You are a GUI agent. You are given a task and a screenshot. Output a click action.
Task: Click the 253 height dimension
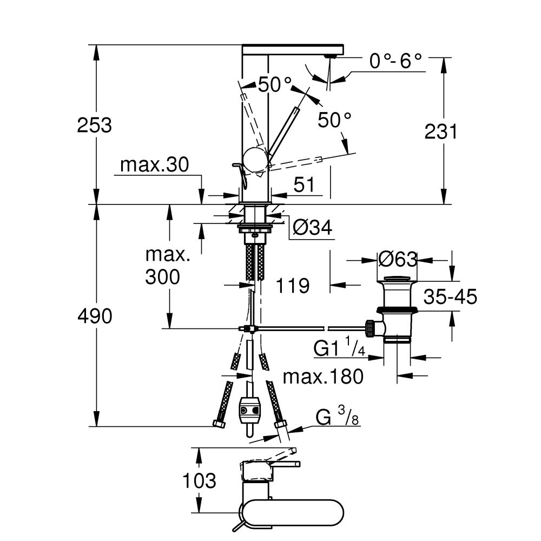(x=94, y=126)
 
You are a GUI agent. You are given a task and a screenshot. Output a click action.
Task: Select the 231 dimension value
(x=440, y=131)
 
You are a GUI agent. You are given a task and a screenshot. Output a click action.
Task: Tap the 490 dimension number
(x=94, y=316)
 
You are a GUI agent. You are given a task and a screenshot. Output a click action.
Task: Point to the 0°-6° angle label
(x=395, y=61)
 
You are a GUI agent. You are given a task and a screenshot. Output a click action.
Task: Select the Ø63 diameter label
(x=398, y=260)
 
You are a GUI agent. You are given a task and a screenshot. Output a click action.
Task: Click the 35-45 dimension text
(x=451, y=297)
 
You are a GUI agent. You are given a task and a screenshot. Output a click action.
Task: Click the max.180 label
(x=323, y=377)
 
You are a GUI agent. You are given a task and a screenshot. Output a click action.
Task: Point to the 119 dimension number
(x=292, y=285)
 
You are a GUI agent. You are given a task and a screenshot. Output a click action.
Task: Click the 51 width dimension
(x=304, y=185)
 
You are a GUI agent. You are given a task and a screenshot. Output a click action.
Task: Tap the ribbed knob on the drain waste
(x=371, y=327)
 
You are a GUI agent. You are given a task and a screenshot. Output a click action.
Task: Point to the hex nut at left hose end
(x=219, y=424)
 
